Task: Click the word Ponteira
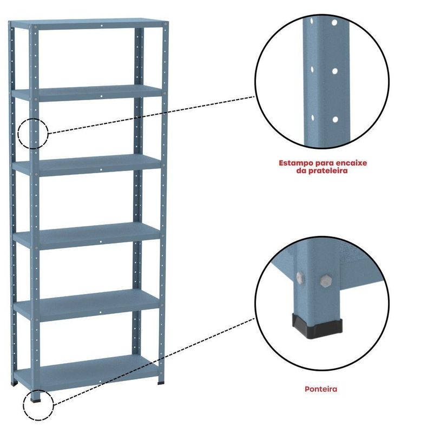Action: pyautogui.click(x=320, y=389)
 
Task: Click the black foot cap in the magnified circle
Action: pyautogui.click(x=318, y=326)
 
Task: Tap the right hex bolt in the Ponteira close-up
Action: pyautogui.click(x=326, y=280)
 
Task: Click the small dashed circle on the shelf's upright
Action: pyautogui.click(x=33, y=119)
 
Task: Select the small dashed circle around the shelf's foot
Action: pyautogui.click(x=38, y=390)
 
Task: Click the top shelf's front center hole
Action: pyautogui.click(x=102, y=25)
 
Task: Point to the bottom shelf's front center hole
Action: pyautogui.click(x=100, y=382)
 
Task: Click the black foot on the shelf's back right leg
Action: pyautogui.click(x=161, y=383)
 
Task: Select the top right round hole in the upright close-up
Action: pyautogui.click(x=334, y=23)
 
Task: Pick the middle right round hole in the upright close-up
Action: pyautogui.click(x=335, y=71)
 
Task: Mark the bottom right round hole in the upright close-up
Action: pyautogui.click(x=335, y=120)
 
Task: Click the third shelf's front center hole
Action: pyautogui.click(x=101, y=169)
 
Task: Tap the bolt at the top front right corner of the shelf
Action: pyautogui.click(x=166, y=24)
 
